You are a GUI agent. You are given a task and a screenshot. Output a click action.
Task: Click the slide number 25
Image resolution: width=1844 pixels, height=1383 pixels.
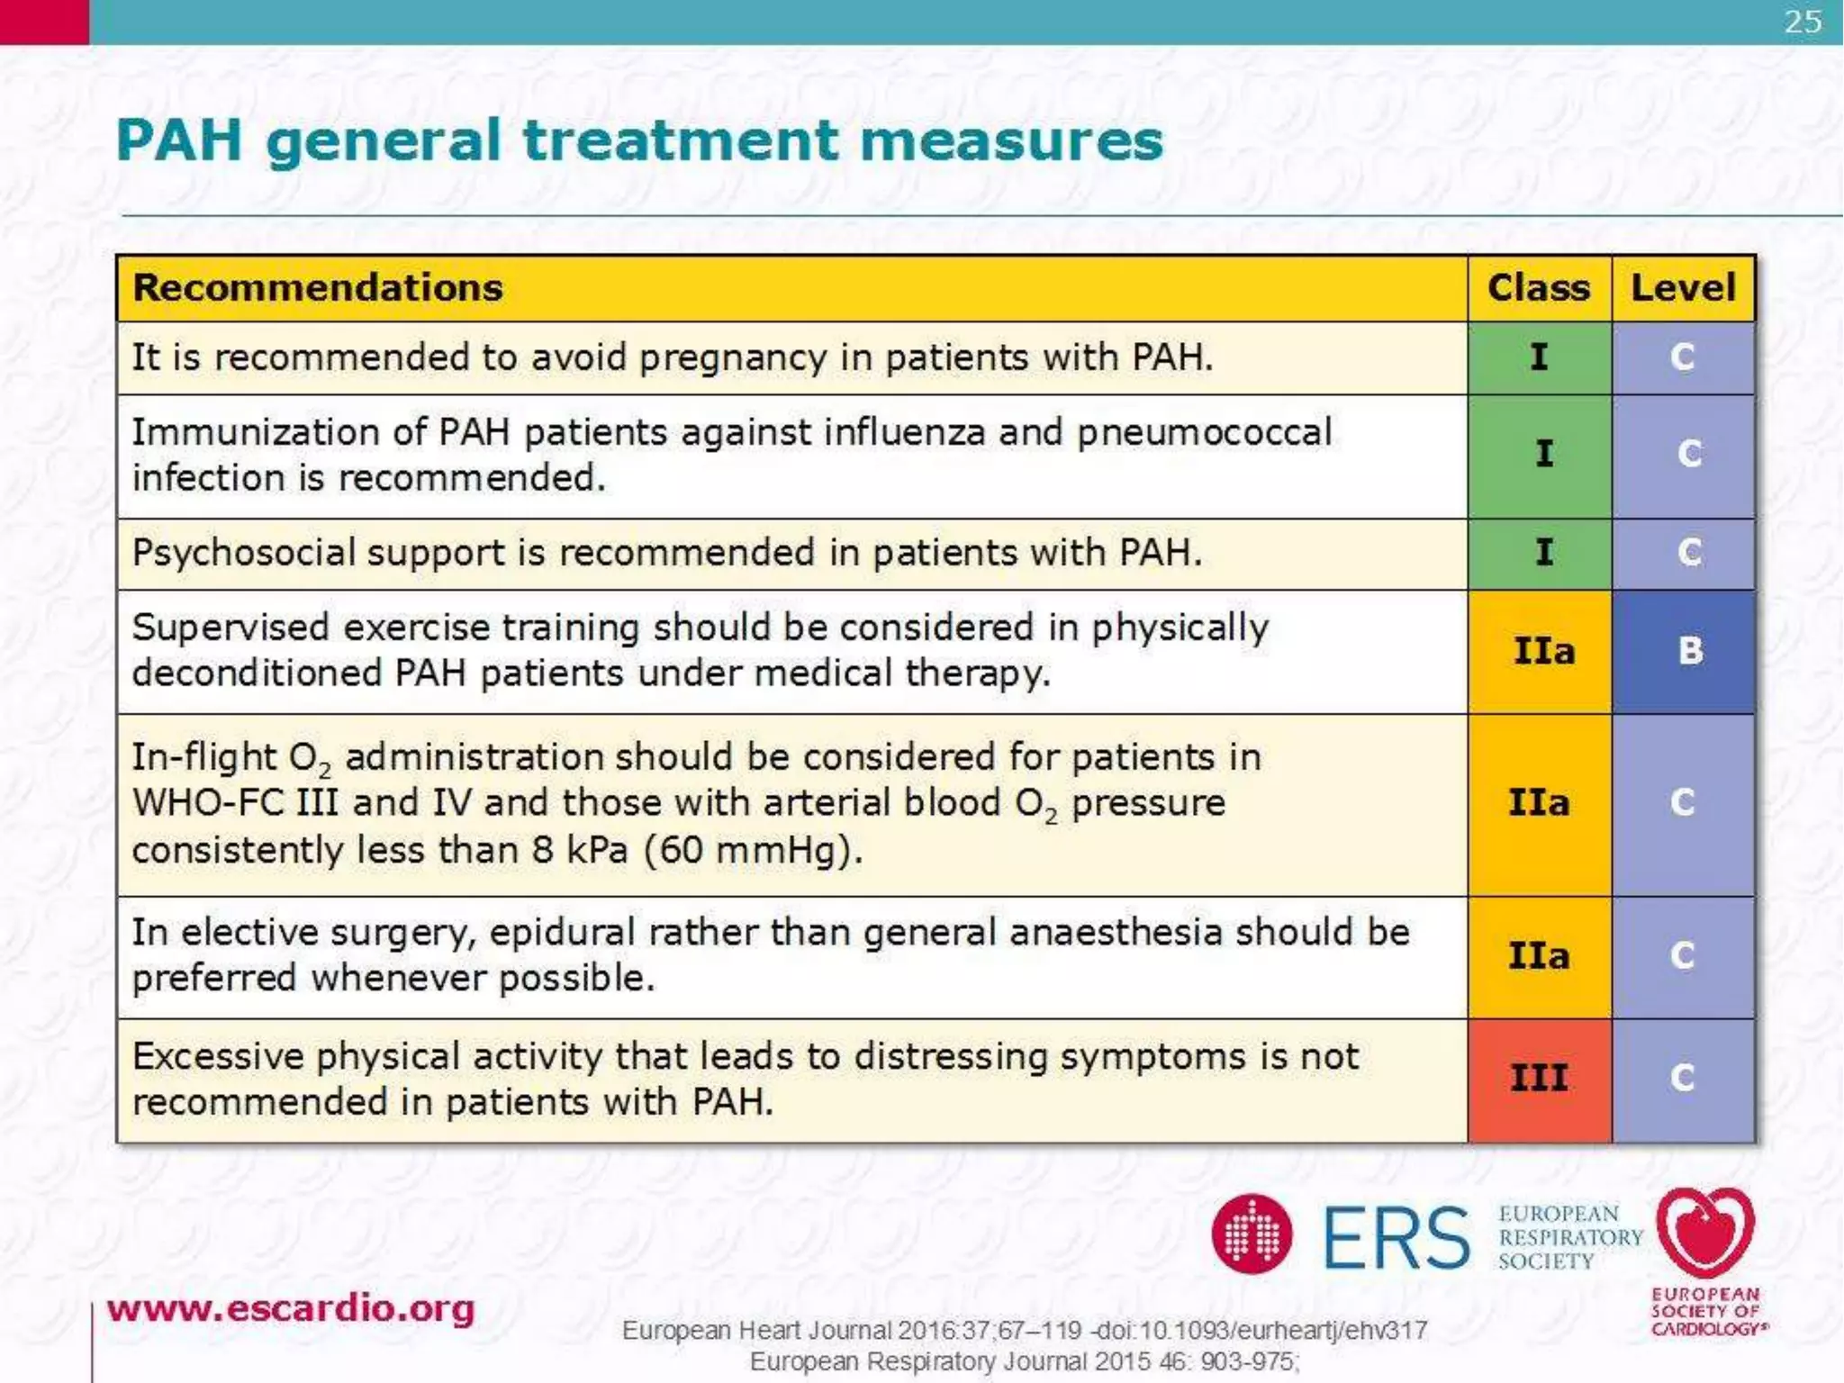tap(1802, 22)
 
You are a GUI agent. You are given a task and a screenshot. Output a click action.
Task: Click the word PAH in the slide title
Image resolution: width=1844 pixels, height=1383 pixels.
tap(179, 141)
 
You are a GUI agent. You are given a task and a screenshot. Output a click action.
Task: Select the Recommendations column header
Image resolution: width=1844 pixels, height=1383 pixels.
tap(318, 288)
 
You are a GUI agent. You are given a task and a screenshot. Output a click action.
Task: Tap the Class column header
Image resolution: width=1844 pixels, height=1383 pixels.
tap(1538, 288)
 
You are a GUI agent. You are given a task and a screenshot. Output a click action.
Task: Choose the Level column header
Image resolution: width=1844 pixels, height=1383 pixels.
tap(1683, 288)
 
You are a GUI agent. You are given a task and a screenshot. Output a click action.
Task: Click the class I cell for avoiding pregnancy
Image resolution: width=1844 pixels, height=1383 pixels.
tap(1539, 357)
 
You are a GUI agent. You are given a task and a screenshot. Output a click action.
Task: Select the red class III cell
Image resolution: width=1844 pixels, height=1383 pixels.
tap(1539, 1078)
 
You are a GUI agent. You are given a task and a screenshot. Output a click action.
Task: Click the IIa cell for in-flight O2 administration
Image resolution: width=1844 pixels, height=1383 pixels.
tap(1539, 802)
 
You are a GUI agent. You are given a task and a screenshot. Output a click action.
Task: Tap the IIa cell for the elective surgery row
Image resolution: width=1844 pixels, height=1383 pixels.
tap(1539, 955)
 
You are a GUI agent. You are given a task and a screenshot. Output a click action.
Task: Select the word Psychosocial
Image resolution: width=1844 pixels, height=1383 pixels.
tap(243, 552)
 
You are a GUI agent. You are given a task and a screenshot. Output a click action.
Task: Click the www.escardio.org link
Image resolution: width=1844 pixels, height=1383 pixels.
tap(290, 1308)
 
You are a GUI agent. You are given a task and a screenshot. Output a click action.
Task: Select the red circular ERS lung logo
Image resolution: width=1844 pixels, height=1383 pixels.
tap(1251, 1234)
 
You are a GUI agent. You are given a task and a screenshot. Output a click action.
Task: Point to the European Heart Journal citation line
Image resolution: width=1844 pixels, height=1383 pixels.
tap(1024, 1330)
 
